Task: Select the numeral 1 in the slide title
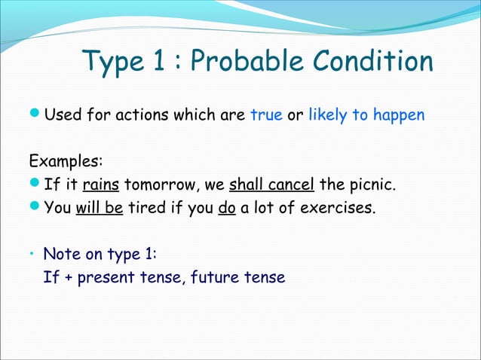click(157, 63)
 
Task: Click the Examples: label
click(66, 162)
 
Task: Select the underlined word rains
click(101, 185)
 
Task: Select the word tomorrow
click(158, 185)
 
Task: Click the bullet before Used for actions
click(35, 116)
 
